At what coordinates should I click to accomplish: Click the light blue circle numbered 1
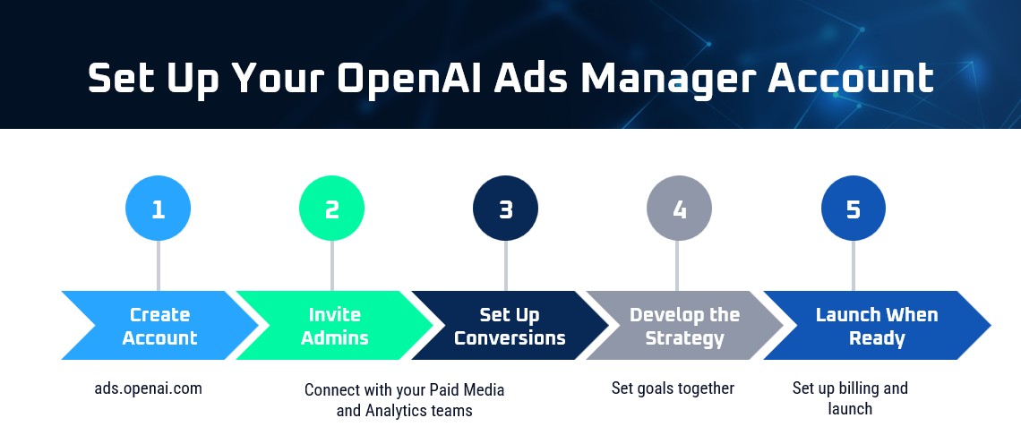(159, 209)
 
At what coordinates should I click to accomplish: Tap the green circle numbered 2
(332, 209)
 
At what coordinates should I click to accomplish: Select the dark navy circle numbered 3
(505, 209)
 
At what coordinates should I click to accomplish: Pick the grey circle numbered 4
(679, 209)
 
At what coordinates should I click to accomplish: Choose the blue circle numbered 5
(853, 209)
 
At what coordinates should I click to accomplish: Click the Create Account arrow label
(160, 326)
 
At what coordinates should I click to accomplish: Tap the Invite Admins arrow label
(335, 326)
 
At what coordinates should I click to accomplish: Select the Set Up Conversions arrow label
(510, 326)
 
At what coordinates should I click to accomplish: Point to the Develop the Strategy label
(684, 326)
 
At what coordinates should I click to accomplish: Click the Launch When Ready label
(877, 326)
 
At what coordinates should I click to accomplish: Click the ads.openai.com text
(149, 388)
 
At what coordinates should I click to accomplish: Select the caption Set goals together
(673, 388)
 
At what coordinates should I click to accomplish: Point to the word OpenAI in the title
(411, 78)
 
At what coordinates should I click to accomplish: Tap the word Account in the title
(851, 78)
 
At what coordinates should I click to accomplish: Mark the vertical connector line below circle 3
(505, 266)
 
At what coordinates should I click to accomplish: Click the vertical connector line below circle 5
(853, 266)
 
